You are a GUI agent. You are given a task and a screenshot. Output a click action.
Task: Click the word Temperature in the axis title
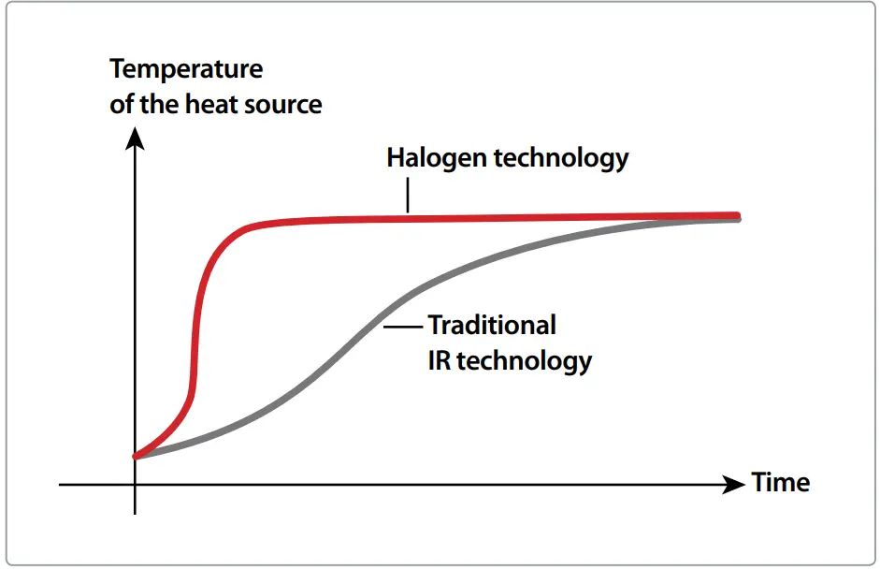(x=186, y=69)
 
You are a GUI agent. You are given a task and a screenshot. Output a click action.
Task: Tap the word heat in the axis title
(x=210, y=104)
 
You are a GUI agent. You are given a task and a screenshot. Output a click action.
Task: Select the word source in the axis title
(x=283, y=104)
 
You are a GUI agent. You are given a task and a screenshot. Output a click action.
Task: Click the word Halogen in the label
(x=436, y=157)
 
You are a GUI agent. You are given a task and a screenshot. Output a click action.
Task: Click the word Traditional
(x=492, y=326)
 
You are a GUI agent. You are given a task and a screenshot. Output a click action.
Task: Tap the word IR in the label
(x=440, y=360)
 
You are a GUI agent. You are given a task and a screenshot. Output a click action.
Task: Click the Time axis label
(x=781, y=483)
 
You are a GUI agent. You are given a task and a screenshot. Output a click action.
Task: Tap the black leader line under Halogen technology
(x=408, y=197)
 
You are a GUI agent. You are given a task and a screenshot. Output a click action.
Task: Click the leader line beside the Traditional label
(x=403, y=327)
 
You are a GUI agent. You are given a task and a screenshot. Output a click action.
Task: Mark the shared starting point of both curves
(x=137, y=457)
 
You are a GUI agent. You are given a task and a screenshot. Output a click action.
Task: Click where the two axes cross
(x=136, y=485)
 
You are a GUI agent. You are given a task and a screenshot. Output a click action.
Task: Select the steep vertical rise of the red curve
(x=197, y=328)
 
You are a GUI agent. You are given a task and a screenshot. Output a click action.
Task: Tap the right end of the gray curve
(x=737, y=219)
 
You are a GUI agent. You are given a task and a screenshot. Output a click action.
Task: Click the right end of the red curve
(x=737, y=214)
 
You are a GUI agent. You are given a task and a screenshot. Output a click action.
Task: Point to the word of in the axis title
(x=122, y=104)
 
